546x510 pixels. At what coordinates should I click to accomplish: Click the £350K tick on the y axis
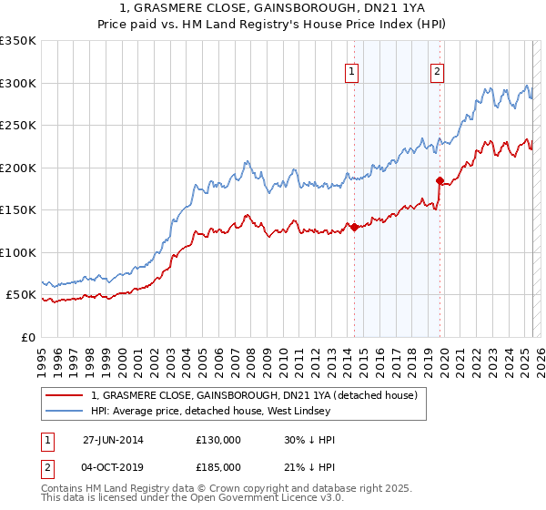point(17,41)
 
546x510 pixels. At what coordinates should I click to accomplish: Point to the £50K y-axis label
point(20,295)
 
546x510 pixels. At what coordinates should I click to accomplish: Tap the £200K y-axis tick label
point(17,168)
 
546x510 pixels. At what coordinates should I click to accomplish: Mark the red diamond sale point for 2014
point(354,228)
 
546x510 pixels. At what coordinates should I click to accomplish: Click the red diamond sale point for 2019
point(440,180)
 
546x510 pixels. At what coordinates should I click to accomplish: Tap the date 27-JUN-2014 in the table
point(113,440)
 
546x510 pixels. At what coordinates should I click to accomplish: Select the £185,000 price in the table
point(218,467)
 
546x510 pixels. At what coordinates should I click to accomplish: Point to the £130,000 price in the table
point(218,440)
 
